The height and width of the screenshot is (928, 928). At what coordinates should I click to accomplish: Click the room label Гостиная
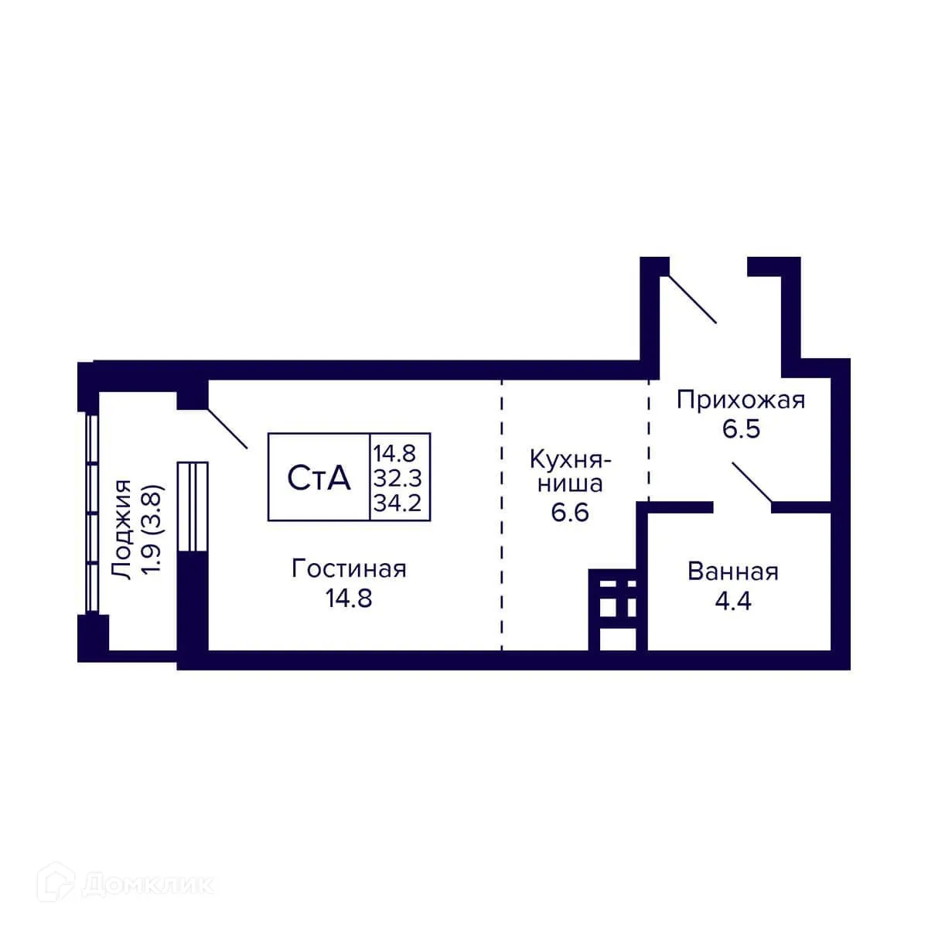pyautogui.click(x=349, y=569)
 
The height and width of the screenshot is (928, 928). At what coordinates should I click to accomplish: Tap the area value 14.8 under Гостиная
pyautogui.click(x=349, y=598)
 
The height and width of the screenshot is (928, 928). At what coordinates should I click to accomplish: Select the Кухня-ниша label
pyautogui.click(x=570, y=471)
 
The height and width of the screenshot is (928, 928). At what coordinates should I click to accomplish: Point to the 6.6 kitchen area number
pyautogui.click(x=570, y=512)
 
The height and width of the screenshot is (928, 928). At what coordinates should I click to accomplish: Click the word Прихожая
pyautogui.click(x=741, y=400)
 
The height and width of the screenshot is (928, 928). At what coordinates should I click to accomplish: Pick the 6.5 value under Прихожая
pyautogui.click(x=741, y=428)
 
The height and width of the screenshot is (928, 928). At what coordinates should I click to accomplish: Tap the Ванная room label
pyautogui.click(x=732, y=572)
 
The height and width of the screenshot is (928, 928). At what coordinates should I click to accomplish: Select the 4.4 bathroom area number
pyautogui.click(x=732, y=601)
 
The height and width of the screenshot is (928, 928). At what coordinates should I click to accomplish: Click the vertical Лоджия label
pyautogui.click(x=122, y=529)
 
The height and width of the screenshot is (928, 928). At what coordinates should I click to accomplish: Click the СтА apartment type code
pyautogui.click(x=319, y=478)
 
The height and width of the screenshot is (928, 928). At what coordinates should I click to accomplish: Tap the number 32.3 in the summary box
pyautogui.click(x=397, y=477)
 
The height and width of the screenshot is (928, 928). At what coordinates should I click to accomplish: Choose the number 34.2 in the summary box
pyautogui.click(x=397, y=503)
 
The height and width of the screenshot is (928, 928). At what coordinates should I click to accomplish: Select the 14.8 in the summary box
pyautogui.click(x=395, y=452)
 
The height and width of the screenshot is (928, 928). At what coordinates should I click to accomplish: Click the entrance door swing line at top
pyautogui.click(x=691, y=299)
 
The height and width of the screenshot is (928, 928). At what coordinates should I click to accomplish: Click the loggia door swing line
pyautogui.click(x=227, y=428)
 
